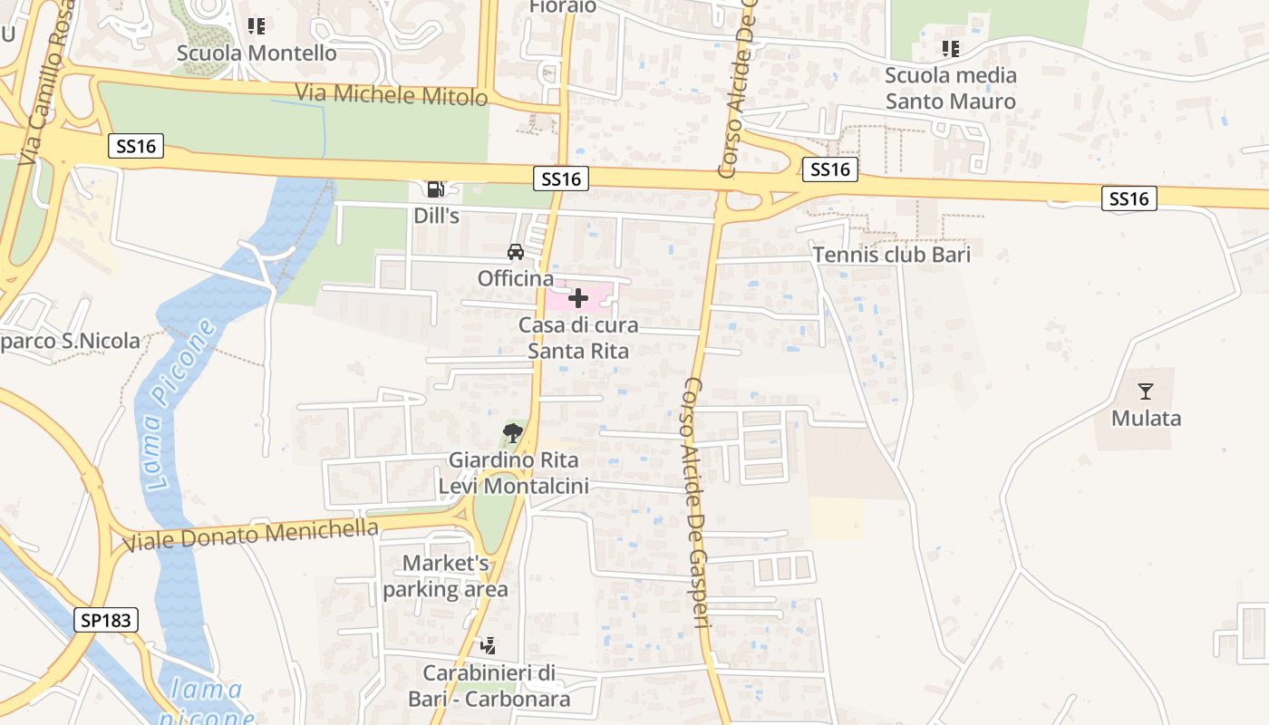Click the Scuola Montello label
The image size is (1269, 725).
[x=257, y=53]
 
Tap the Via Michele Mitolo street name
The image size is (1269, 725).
[x=392, y=93]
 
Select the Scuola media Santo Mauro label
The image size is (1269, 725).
[x=950, y=88]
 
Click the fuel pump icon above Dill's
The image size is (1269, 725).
[x=436, y=188]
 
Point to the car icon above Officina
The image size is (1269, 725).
[x=516, y=251]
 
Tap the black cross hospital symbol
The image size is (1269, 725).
[x=578, y=298]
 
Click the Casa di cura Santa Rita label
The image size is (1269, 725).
[x=578, y=337]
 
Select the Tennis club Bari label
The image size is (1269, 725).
[x=891, y=255]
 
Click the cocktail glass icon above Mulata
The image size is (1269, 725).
[x=1146, y=391]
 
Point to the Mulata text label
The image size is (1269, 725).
[x=1146, y=418]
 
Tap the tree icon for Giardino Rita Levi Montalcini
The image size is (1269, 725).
[x=513, y=432]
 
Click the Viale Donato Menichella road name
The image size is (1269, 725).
[x=250, y=535]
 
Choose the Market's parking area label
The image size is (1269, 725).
[x=445, y=576]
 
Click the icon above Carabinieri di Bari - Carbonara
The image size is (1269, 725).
[x=489, y=646]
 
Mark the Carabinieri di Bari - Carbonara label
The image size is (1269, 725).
[x=489, y=686]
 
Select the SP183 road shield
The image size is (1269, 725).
[x=106, y=621]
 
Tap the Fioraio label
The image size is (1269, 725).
[x=563, y=7]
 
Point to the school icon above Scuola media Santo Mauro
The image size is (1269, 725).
[x=950, y=48]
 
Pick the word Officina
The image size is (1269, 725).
[x=515, y=278]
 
